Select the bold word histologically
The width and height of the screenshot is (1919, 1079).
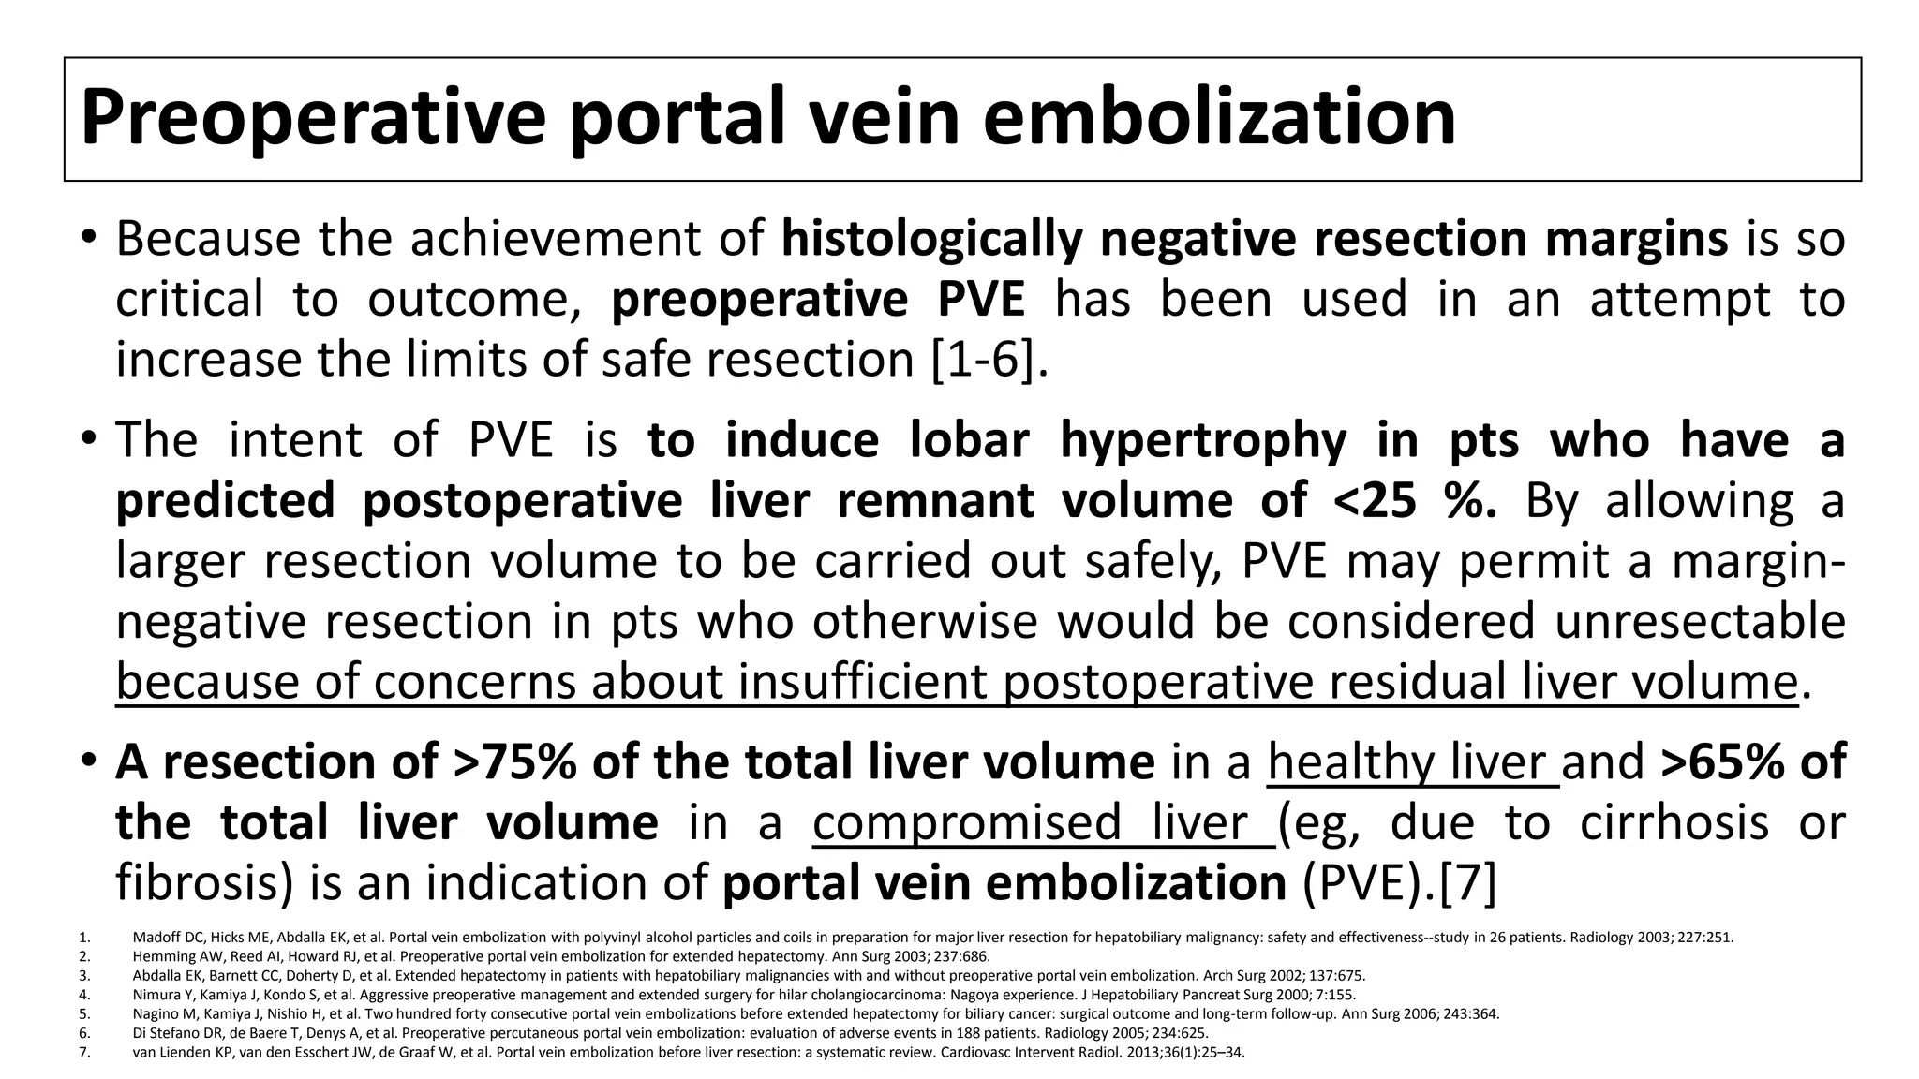932,239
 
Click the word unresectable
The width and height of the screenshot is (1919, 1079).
1701,621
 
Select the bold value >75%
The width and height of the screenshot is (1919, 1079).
514,761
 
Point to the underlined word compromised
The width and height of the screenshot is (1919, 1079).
966,822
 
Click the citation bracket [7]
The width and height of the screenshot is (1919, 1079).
1466,883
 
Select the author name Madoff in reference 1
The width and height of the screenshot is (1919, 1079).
153,937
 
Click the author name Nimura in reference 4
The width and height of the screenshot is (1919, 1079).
154,995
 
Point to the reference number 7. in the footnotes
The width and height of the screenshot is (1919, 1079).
84,1052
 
